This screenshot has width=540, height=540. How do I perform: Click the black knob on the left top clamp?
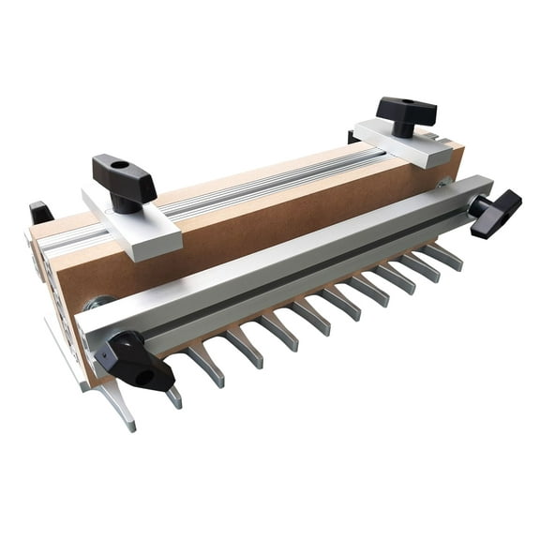124,172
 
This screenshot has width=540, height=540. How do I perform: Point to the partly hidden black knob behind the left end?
40,213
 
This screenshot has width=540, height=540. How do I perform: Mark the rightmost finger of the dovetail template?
446,254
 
